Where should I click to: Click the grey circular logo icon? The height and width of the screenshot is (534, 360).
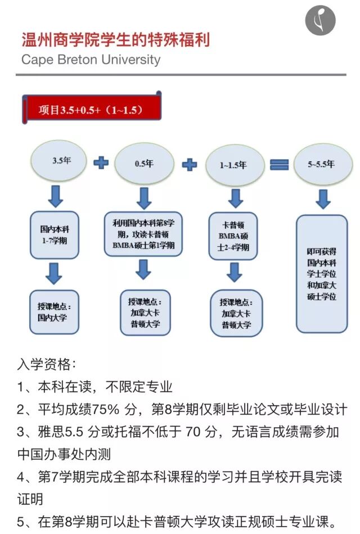click(x=320, y=21)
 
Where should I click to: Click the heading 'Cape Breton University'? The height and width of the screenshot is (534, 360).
click(x=91, y=60)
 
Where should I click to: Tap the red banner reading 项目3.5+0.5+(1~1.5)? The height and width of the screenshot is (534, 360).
click(x=92, y=110)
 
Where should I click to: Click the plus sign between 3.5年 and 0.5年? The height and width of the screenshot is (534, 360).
click(x=101, y=163)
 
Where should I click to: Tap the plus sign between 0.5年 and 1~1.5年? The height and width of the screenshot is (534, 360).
click(x=190, y=165)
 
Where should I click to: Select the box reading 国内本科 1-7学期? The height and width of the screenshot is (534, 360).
click(x=54, y=235)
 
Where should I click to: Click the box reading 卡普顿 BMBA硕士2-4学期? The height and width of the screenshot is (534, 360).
click(x=236, y=236)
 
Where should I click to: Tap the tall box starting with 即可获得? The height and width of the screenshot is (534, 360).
click(x=322, y=273)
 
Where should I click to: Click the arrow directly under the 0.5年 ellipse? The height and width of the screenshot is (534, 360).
click(x=144, y=198)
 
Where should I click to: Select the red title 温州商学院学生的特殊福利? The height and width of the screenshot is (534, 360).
click(x=115, y=40)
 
